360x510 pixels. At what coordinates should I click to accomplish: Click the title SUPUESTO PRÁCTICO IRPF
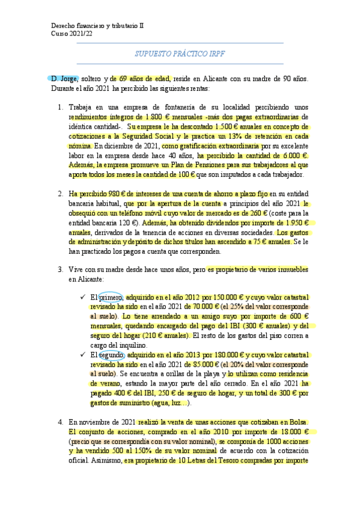tap(180, 54)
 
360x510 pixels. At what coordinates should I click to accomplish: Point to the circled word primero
tap(111, 296)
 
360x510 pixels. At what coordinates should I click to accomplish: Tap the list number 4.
tap(59, 423)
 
